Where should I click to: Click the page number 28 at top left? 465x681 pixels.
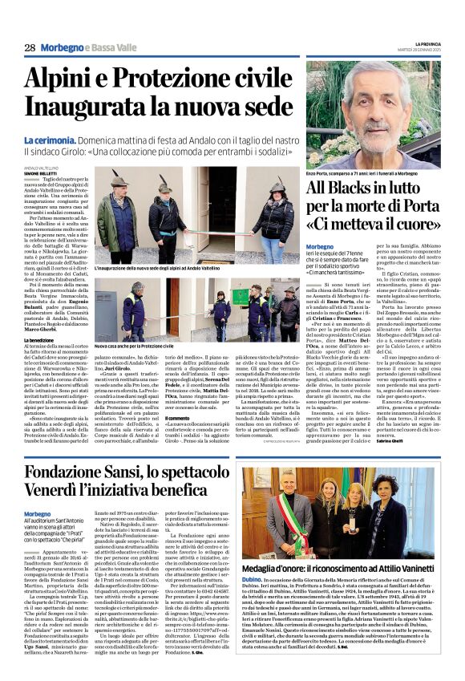(x=30, y=48)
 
